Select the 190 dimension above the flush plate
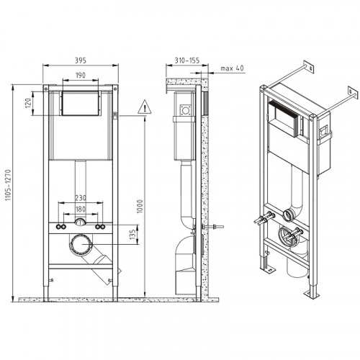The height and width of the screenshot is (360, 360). [80, 75]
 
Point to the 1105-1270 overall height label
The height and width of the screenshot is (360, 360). [9, 190]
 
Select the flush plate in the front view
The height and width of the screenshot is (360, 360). [80, 104]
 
